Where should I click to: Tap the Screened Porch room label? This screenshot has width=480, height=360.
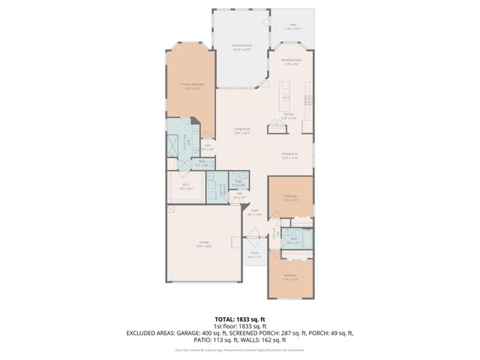click(241, 46)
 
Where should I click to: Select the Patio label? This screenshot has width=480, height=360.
click(292, 26)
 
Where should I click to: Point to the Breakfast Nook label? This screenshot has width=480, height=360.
click(292, 61)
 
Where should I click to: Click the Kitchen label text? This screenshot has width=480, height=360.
click(289, 115)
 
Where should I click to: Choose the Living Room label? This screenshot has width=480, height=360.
click(241, 131)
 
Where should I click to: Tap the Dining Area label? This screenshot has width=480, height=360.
click(289, 155)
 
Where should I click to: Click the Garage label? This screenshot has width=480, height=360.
click(204, 243)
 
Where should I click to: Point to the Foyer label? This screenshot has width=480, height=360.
click(255, 212)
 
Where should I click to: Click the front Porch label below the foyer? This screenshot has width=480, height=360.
click(255, 254)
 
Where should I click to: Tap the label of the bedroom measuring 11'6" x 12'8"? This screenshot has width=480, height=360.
click(290, 276)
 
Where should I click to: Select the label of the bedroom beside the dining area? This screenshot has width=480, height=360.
click(290, 199)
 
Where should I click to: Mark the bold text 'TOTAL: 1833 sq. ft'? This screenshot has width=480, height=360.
click(240, 319)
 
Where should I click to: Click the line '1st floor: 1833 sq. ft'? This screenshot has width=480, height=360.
click(240, 326)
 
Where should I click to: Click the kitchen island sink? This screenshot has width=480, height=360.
click(286, 96)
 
